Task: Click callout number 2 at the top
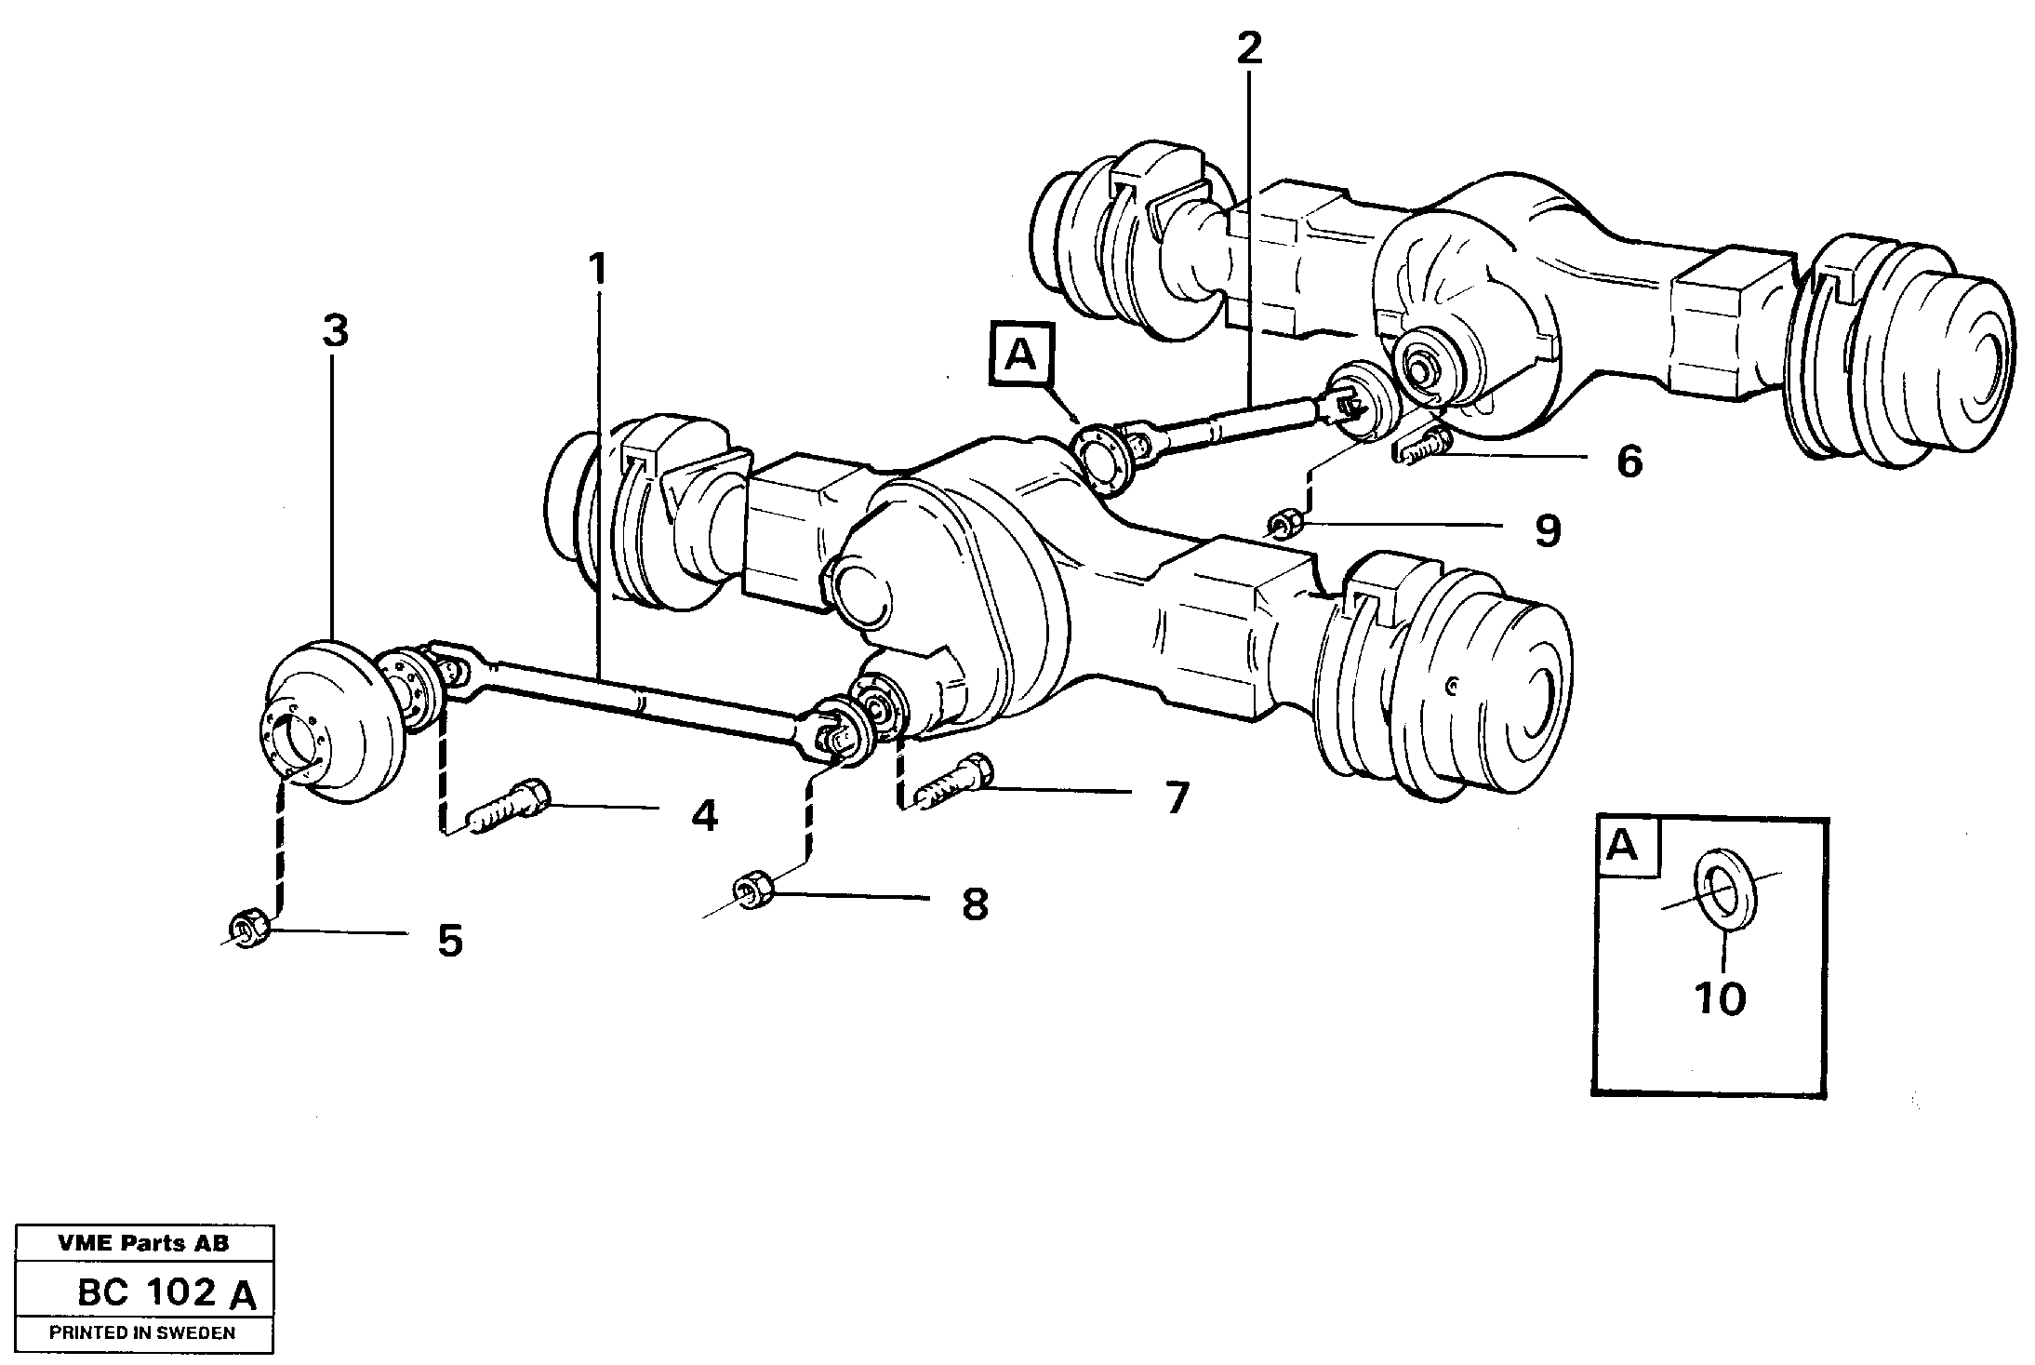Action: (1249, 48)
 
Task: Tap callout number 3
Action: (335, 330)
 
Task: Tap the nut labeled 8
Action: (751, 892)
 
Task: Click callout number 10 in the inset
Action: (1720, 998)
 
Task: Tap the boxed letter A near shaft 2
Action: (1020, 355)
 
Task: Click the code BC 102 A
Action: (166, 1292)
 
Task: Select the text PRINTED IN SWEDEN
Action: (142, 1332)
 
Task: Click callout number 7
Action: (1177, 797)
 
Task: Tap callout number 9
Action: (1547, 530)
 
